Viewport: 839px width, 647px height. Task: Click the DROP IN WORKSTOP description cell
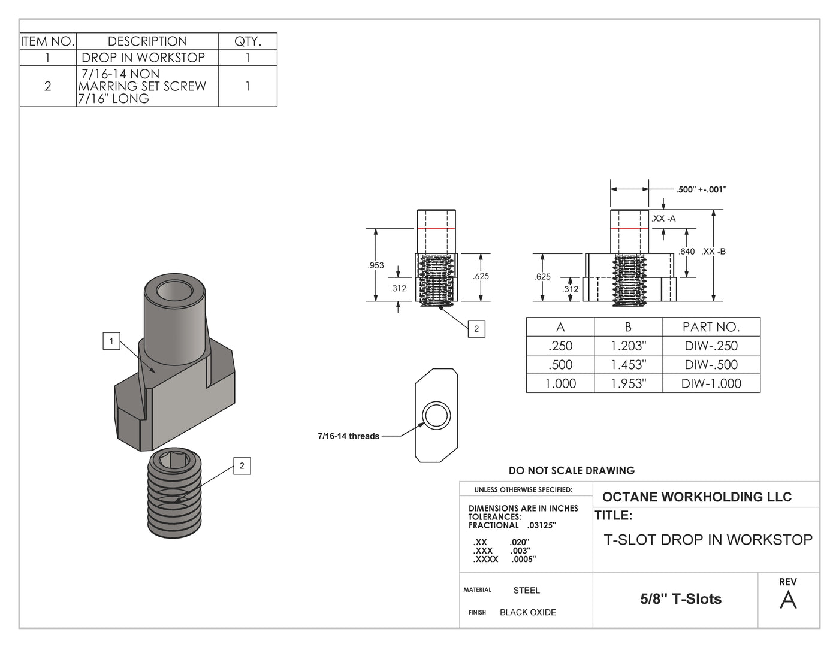click(x=144, y=58)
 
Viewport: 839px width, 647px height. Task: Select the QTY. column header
click(x=248, y=41)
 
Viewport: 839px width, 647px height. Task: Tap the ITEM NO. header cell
click(x=48, y=41)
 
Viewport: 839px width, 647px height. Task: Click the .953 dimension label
click(x=376, y=265)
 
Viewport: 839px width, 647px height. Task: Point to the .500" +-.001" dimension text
click(x=701, y=189)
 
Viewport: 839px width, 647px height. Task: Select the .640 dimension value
click(x=687, y=252)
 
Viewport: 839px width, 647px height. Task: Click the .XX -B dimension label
click(x=714, y=252)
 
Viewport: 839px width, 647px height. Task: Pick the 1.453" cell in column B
click(x=627, y=365)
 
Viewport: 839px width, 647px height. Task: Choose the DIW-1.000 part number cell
click(x=711, y=383)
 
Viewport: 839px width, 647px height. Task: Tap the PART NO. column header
click(x=711, y=327)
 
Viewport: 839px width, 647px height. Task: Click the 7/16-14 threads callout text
click(x=348, y=436)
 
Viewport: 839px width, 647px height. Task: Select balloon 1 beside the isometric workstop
click(x=111, y=341)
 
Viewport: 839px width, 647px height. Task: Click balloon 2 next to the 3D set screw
click(x=242, y=466)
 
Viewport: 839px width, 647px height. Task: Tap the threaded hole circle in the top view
click(x=436, y=415)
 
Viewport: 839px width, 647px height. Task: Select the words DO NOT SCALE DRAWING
click(x=571, y=471)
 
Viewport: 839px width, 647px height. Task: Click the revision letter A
click(x=788, y=600)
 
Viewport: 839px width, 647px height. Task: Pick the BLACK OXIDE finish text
click(x=527, y=612)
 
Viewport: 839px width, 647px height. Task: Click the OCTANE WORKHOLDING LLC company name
click(x=696, y=497)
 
